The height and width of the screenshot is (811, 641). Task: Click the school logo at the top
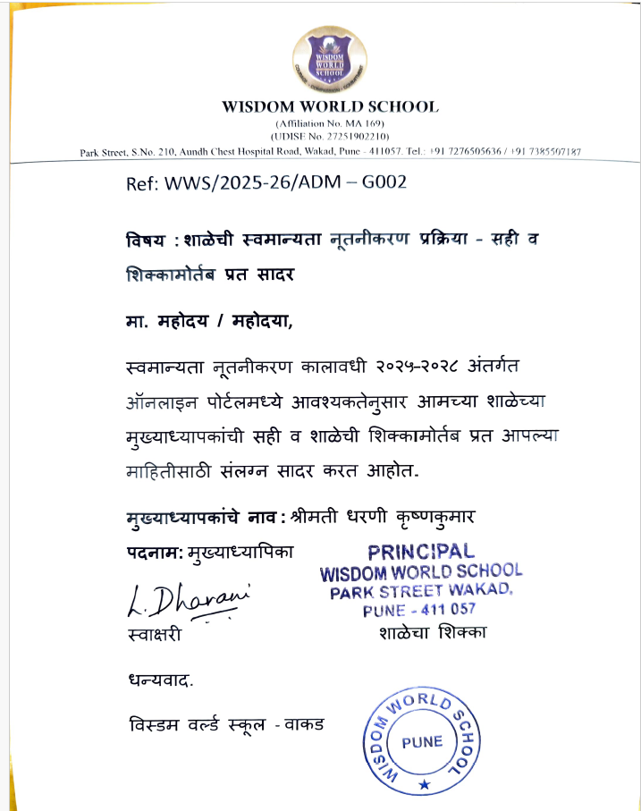[330, 60]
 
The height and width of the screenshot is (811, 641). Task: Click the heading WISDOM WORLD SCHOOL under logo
[330, 106]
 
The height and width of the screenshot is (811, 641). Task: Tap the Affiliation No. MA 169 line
[330, 122]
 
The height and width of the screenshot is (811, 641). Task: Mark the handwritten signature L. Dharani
[183, 601]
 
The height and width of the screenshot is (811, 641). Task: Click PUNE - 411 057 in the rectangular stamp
[418, 610]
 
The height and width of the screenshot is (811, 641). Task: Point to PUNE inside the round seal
[422, 741]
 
